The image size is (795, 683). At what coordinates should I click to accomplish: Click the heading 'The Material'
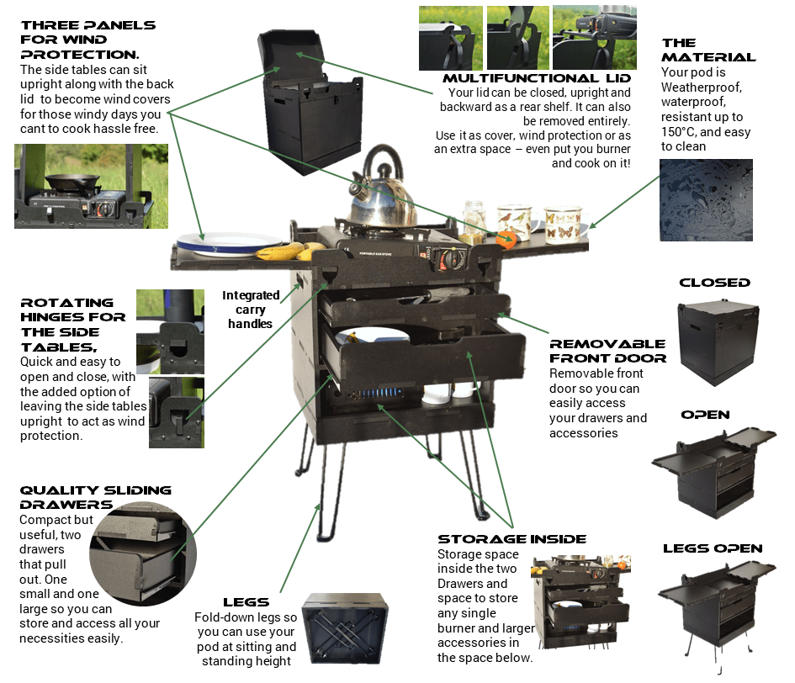tap(708, 50)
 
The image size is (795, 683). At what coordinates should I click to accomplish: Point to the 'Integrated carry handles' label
tap(252, 309)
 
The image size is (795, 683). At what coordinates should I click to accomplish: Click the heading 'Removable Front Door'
tap(607, 351)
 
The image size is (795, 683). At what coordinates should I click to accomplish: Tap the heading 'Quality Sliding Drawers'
tap(95, 497)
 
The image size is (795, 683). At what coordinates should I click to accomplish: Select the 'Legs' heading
tap(246, 602)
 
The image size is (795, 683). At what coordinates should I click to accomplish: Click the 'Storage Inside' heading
tap(511, 539)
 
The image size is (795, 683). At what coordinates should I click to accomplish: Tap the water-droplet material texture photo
tap(706, 200)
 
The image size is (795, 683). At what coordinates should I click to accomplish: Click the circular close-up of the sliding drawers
tap(142, 555)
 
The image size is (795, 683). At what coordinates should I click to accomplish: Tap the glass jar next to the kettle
tap(474, 218)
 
